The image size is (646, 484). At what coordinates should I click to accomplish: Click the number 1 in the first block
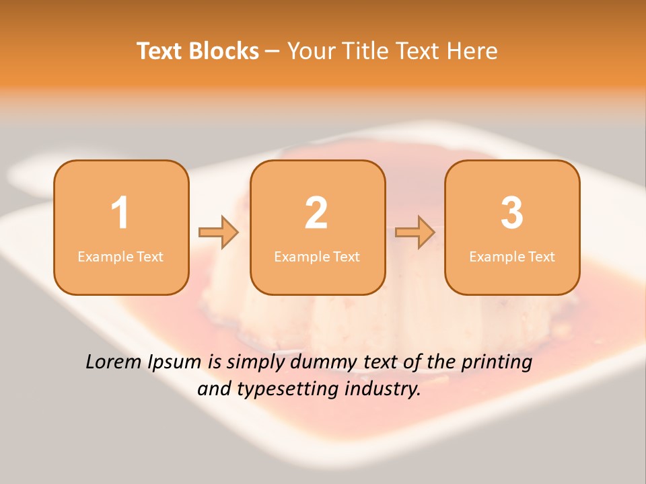[120, 213]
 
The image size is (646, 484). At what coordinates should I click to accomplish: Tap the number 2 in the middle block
[316, 213]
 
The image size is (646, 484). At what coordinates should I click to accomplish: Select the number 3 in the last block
[512, 213]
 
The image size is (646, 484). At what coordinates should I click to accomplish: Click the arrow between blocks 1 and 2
[219, 233]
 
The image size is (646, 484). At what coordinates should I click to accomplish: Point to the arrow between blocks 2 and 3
[415, 233]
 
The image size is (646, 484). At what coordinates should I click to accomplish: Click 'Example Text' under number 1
[120, 256]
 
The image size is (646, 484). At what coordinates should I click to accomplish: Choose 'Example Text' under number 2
[317, 256]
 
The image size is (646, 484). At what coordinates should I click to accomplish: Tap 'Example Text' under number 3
[512, 256]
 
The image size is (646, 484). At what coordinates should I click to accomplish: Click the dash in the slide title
[273, 52]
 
